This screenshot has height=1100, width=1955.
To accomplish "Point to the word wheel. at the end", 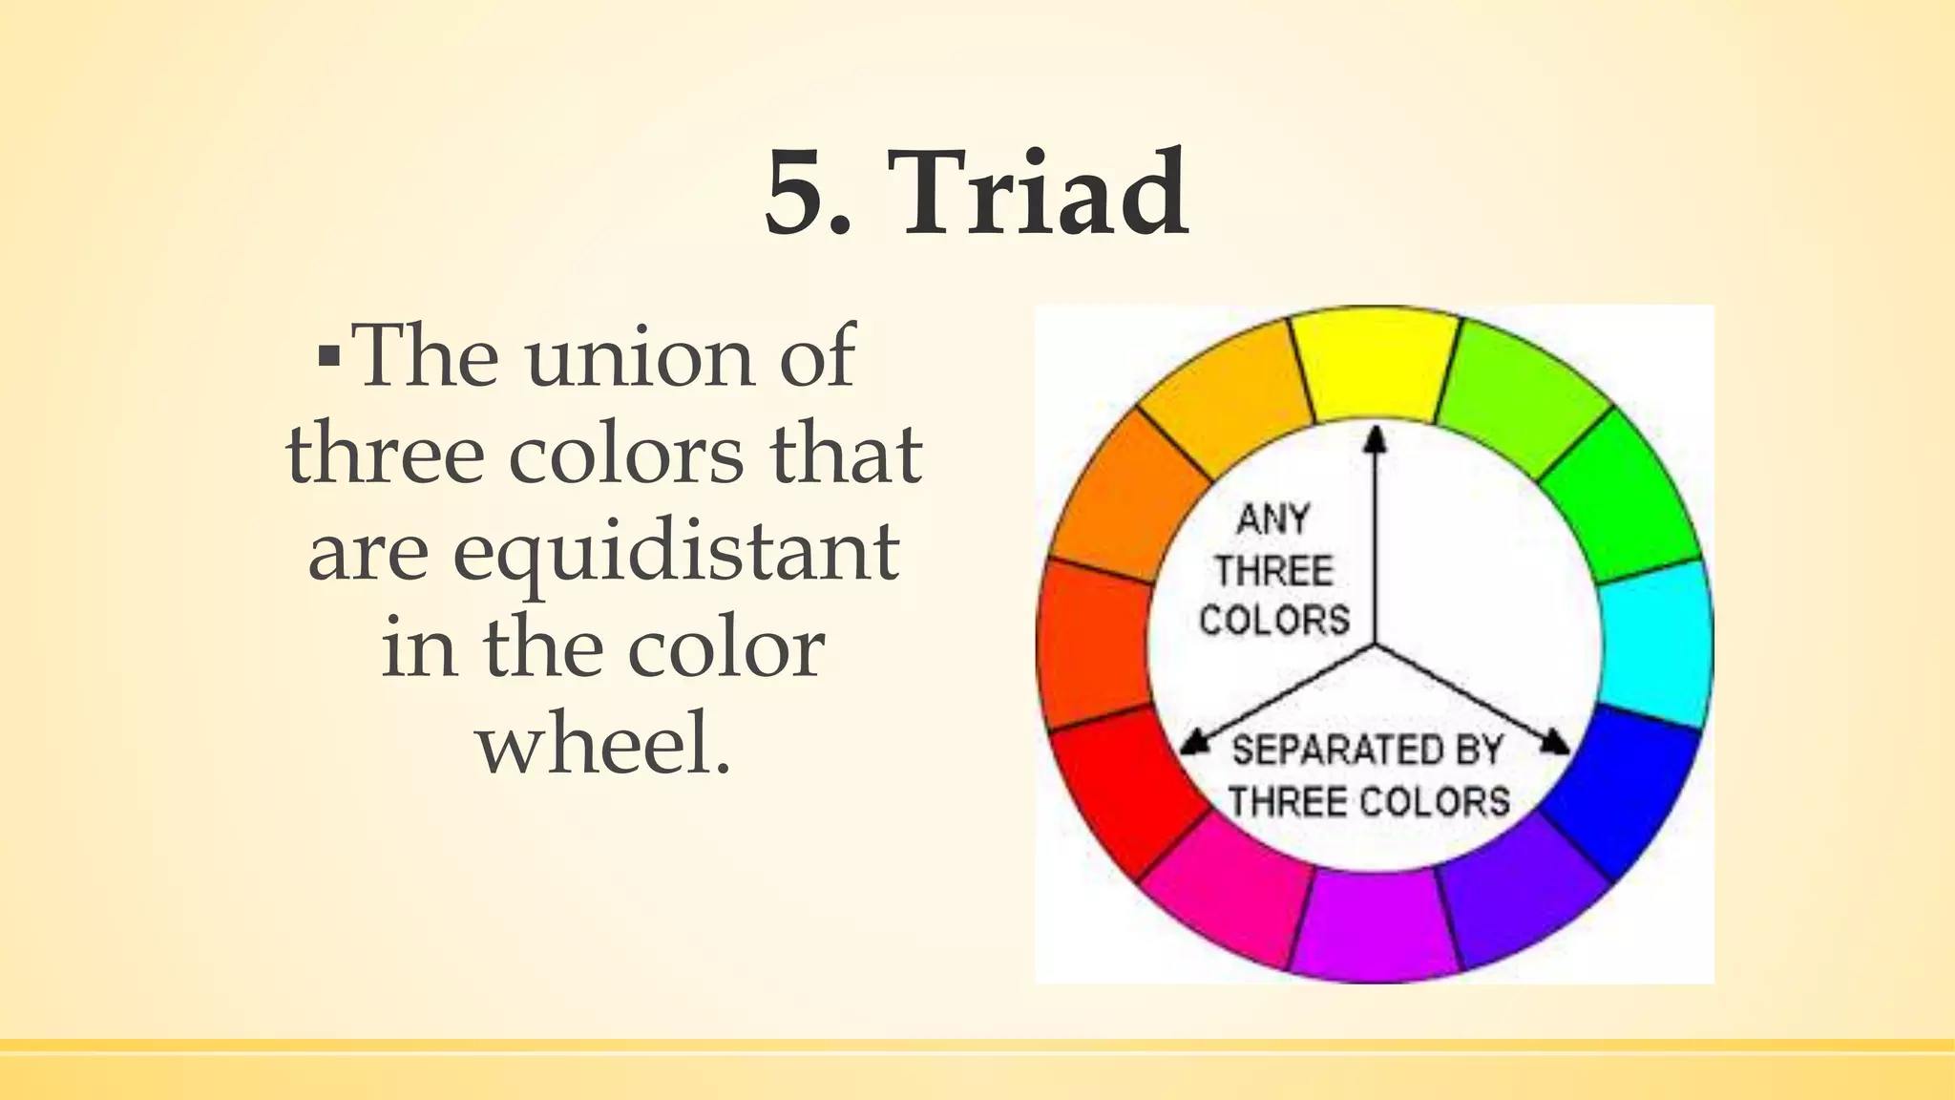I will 604,744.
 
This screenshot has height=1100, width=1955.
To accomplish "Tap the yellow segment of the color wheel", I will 1376,363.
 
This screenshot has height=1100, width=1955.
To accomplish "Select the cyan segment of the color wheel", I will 1655,642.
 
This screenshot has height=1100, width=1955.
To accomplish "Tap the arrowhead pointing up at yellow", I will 1375,439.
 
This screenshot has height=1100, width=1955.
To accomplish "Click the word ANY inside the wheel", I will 1272,520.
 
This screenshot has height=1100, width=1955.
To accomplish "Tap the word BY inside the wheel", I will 1479,751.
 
